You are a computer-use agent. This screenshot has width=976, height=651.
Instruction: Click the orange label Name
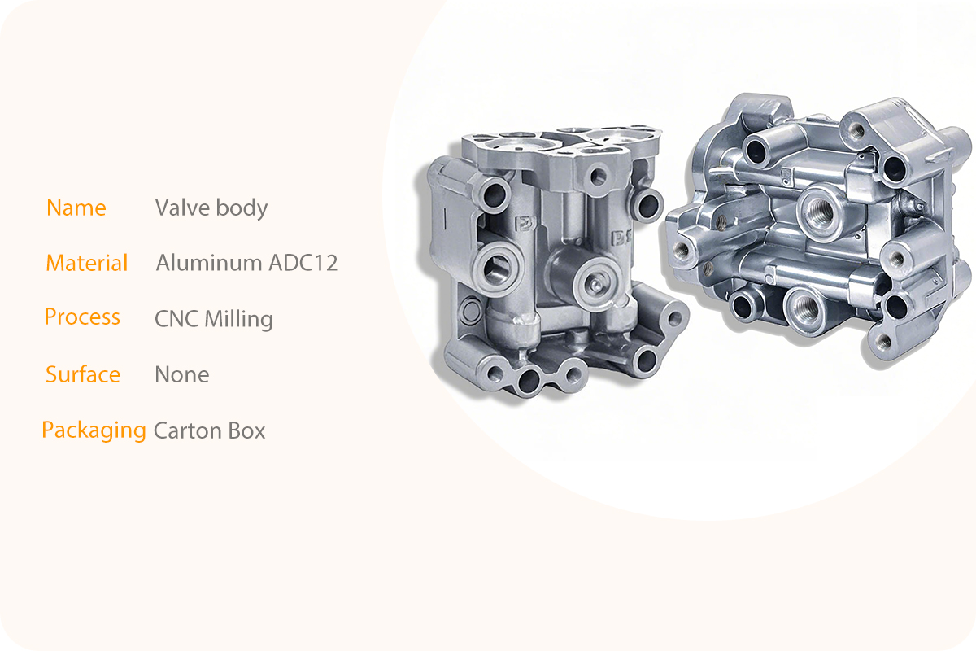76,208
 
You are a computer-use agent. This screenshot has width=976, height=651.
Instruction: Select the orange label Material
87,263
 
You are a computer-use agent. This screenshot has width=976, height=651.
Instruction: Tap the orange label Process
82,317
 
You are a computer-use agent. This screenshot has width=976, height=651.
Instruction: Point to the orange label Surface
83,374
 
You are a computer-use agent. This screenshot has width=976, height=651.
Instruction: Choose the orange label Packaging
94,430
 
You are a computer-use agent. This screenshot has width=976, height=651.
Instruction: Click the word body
242,208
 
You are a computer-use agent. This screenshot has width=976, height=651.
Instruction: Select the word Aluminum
209,263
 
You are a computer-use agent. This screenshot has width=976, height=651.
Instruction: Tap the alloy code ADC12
303,263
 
